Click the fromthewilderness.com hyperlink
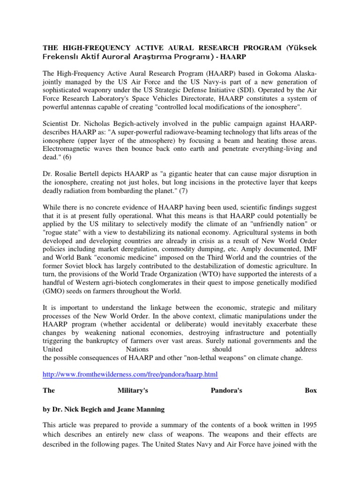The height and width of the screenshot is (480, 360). click(x=130, y=375)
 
